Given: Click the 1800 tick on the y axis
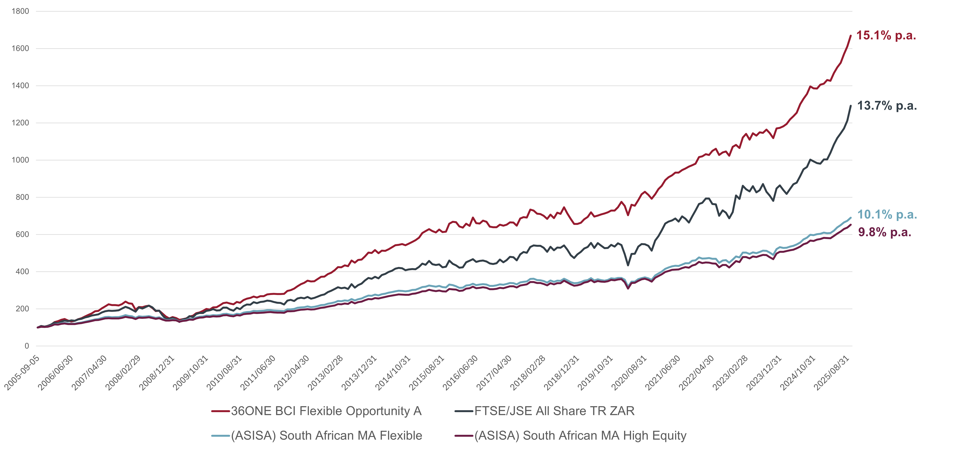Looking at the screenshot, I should point(20,11).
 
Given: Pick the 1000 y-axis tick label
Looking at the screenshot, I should point(20,160).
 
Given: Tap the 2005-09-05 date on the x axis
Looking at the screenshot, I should point(22,373).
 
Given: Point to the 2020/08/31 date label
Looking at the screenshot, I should point(629,373).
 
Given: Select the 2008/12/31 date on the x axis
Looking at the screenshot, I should point(157,373).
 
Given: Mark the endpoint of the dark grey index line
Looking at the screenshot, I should point(851,106).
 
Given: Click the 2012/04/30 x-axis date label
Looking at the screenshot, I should point(292,373).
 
